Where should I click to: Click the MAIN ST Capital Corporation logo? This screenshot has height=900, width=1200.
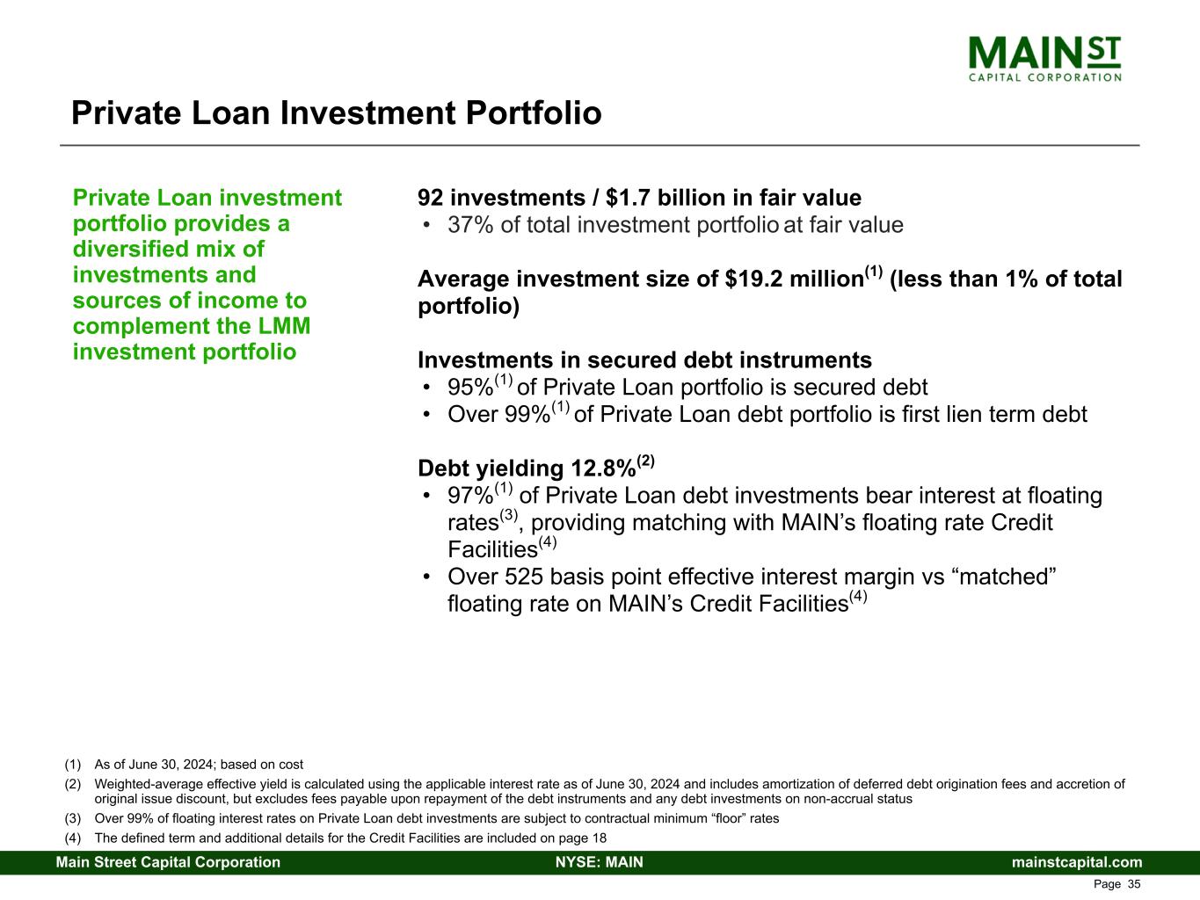[x=1044, y=59]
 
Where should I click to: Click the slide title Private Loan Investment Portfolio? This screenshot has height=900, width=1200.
[x=336, y=113]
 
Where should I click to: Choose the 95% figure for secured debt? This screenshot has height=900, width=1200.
[x=470, y=388]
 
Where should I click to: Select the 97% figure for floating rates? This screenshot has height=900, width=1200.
[x=470, y=497]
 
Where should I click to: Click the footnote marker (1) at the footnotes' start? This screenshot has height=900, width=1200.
[x=73, y=765]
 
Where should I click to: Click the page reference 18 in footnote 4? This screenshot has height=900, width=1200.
[x=600, y=838]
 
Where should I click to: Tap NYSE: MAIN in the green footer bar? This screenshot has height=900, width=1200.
[x=600, y=862]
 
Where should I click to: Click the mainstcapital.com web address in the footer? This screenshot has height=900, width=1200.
[x=1077, y=862]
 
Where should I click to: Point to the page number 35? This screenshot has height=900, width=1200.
[x=1134, y=884]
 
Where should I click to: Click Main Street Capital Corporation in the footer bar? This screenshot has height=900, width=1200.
[x=168, y=862]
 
